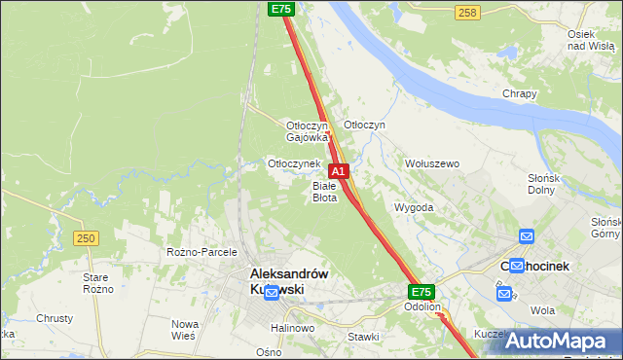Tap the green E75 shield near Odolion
click(x=421, y=292)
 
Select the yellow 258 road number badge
click(x=467, y=12)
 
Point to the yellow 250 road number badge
click(x=86, y=238)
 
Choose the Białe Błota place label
click(x=324, y=192)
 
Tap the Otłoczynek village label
click(x=294, y=163)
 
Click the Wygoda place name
click(x=414, y=208)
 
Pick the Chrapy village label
click(x=520, y=93)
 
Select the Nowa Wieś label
click(x=184, y=329)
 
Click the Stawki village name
click(x=363, y=337)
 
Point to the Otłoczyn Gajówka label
click(x=307, y=131)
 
